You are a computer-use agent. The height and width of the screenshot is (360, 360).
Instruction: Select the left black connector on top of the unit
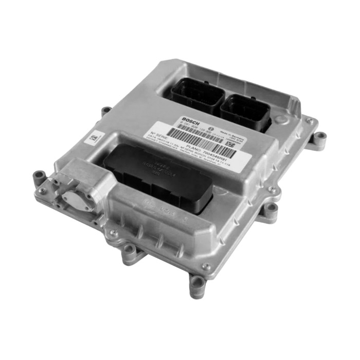[196, 96]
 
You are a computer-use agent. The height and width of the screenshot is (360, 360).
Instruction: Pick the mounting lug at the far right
[320, 138]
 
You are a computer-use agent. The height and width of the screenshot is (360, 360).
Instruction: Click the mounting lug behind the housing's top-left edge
[106, 111]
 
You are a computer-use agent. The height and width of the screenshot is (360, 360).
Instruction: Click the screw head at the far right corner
[309, 121]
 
